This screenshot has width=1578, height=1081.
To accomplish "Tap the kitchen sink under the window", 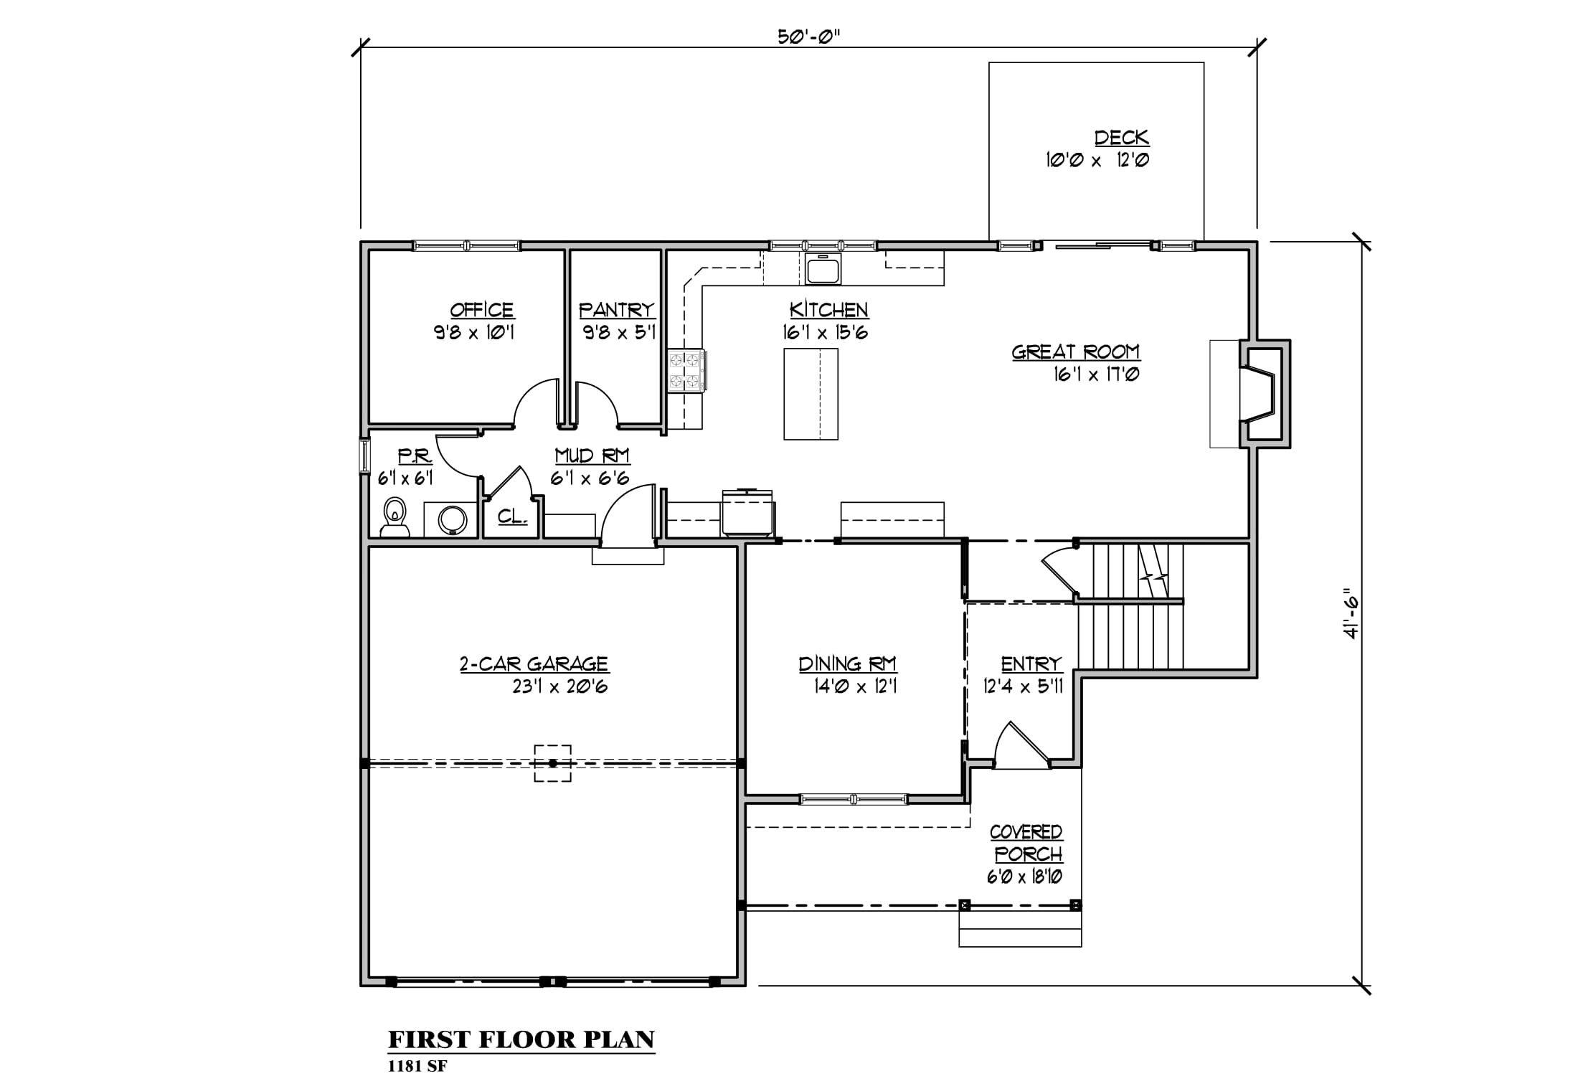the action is [x=823, y=269].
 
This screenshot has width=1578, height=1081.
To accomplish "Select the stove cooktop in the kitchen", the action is [x=686, y=371].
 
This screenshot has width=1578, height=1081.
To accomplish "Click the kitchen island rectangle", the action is [x=811, y=394].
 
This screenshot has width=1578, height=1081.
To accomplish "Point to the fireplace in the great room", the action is [x=1266, y=394].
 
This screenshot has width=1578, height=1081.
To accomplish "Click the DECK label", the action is [x=1122, y=137].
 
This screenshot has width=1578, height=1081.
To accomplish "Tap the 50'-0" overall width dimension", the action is [x=808, y=37].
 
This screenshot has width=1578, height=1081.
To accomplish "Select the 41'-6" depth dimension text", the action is [x=1352, y=614].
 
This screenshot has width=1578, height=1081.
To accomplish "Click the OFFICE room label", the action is [x=482, y=310].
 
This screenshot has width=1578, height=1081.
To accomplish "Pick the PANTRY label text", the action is [x=617, y=310].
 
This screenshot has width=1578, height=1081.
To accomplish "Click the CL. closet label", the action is [x=513, y=516].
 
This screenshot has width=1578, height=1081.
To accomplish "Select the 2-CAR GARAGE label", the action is [x=534, y=664].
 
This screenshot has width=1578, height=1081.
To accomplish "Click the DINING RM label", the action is [x=848, y=664].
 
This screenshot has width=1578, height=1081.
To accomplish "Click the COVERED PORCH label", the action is [x=1026, y=843].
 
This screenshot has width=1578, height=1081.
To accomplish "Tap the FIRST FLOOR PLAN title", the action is [x=521, y=1039].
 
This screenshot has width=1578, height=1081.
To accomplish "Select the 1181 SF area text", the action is [x=417, y=1066].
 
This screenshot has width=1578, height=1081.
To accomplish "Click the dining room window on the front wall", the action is [x=854, y=799].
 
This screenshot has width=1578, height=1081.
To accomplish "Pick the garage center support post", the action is [x=552, y=763].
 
